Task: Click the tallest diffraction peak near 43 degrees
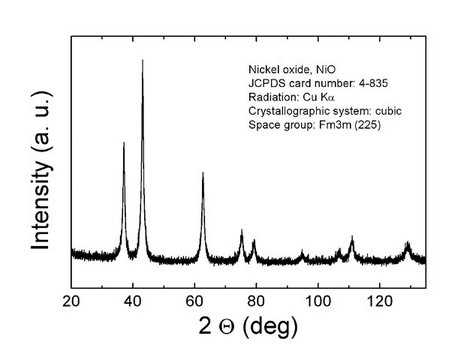pyautogui.click(x=142, y=62)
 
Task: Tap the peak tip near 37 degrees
pyautogui.click(x=124, y=144)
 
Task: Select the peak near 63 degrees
pyautogui.click(x=203, y=174)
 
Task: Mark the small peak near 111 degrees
pyautogui.click(x=352, y=238)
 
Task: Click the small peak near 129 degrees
pyautogui.click(x=407, y=243)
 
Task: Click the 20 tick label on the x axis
pyautogui.click(x=72, y=300)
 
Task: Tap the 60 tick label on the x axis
pyautogui.click(x=195, y=300)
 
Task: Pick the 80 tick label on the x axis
pyautogui.click(x=256, y=300)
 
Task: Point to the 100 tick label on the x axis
pyautogui.click(x=318, y=300)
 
